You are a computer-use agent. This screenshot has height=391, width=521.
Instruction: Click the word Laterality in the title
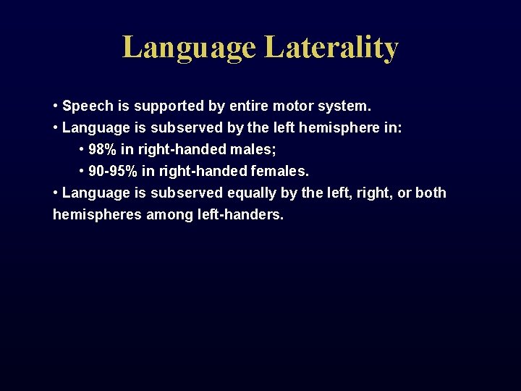(331, 47)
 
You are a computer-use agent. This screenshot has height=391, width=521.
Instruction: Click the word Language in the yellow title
(189, 49)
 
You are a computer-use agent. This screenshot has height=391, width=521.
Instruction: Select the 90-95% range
(114, 172)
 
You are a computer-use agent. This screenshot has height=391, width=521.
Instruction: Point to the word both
(431, 193)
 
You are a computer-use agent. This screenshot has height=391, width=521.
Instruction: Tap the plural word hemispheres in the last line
(96, 215)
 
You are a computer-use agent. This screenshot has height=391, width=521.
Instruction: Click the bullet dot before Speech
(56, 106)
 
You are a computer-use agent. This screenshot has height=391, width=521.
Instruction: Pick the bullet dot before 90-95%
(81, 172)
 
